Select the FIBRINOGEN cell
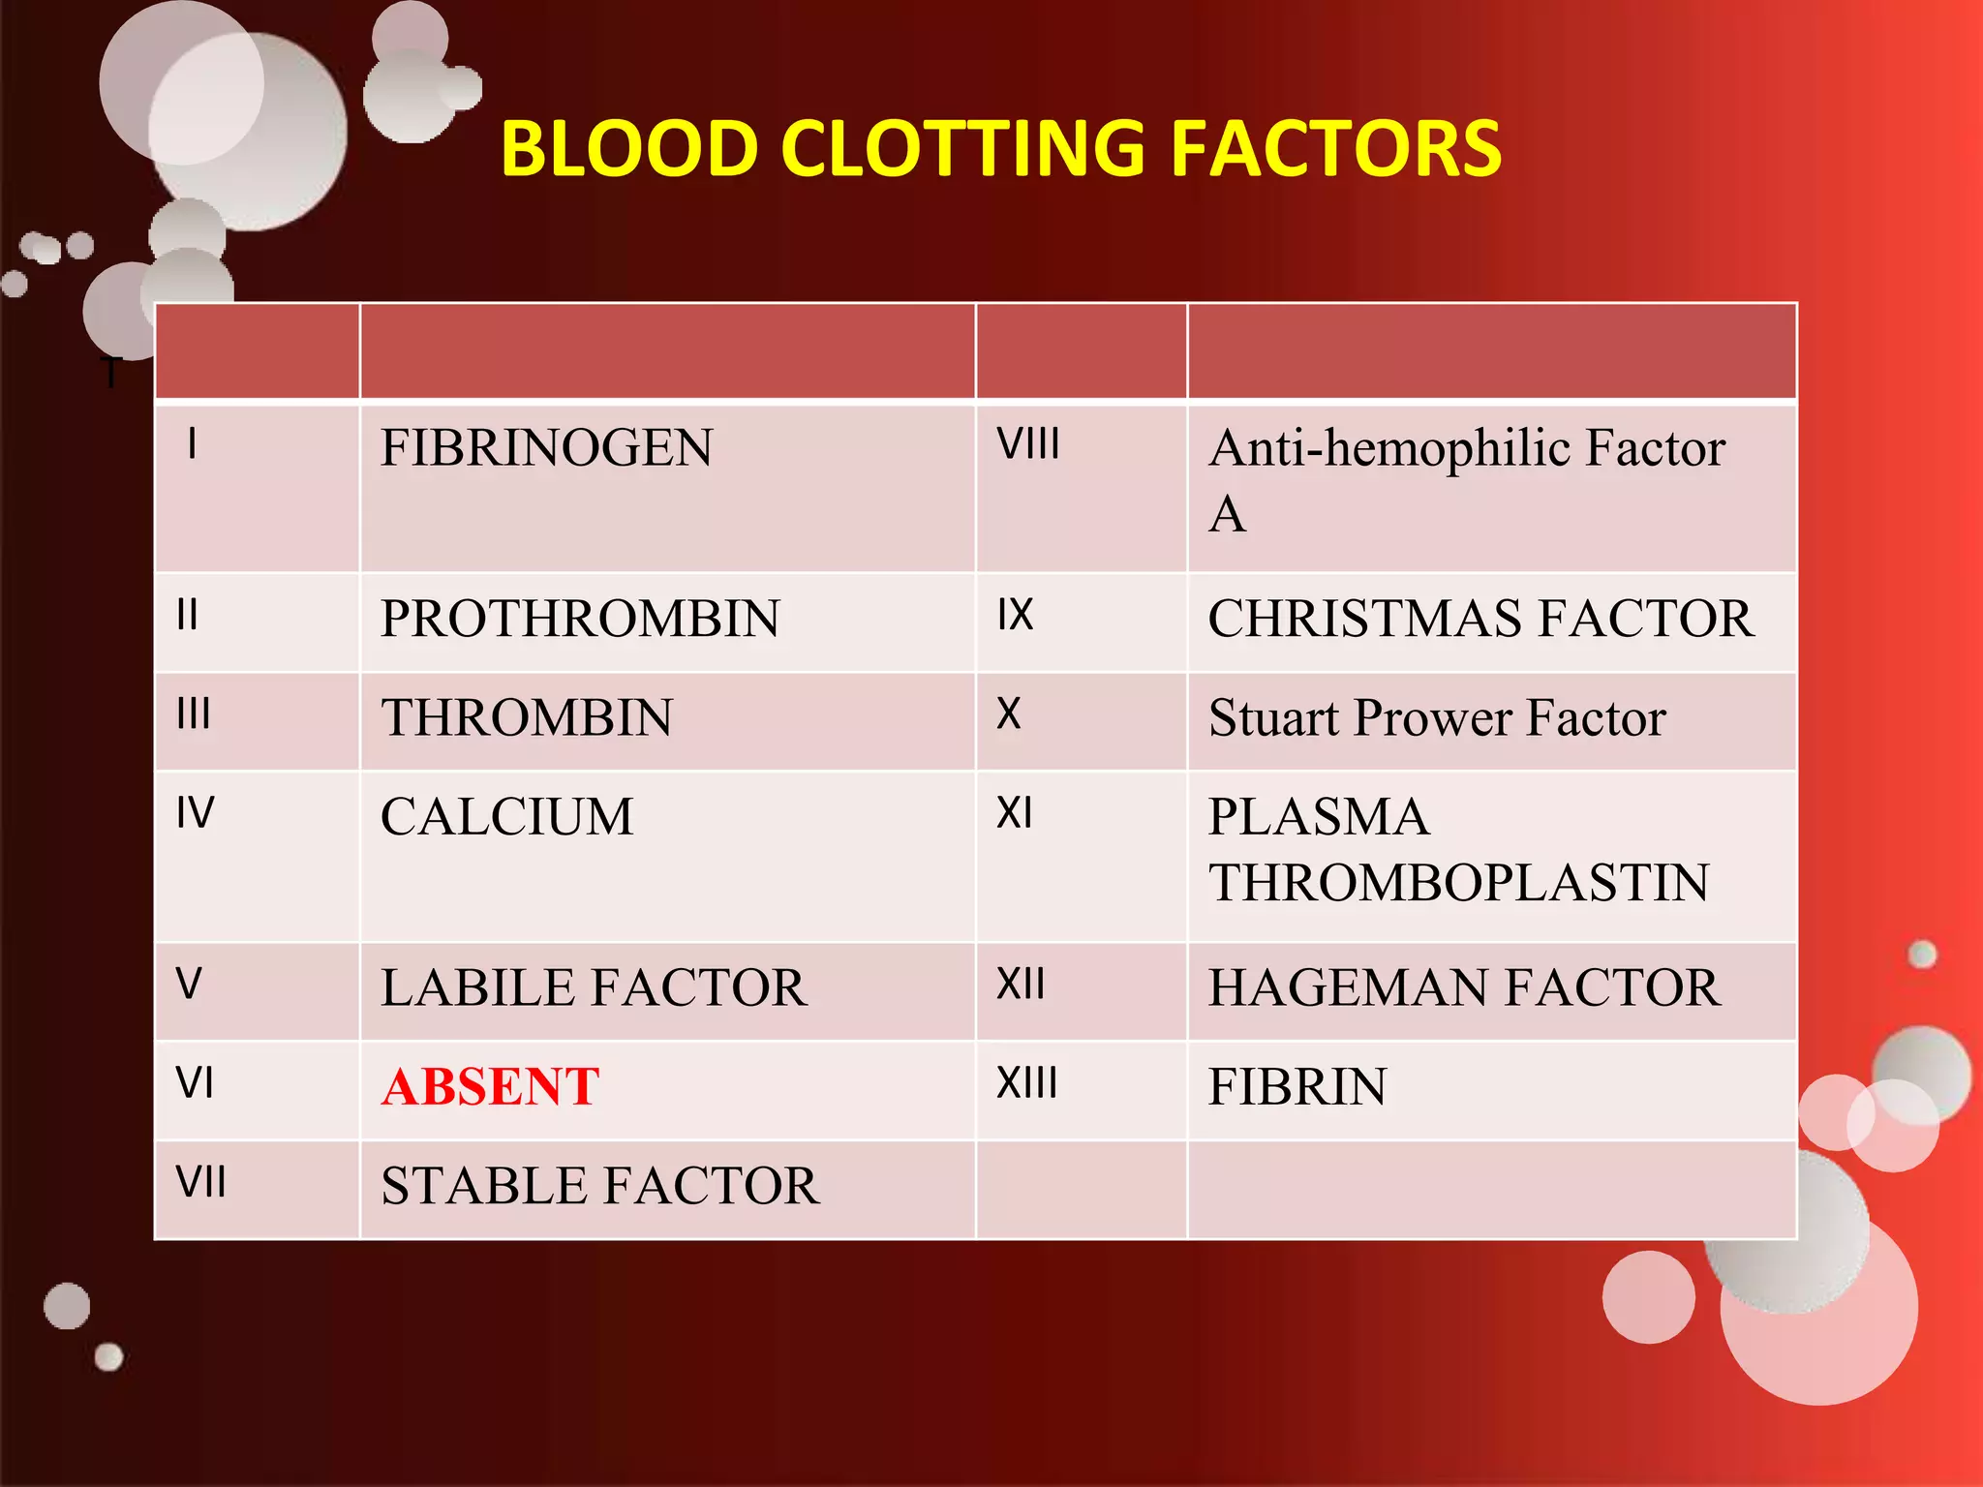point(546,448)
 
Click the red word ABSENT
point(490,1086)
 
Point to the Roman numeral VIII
point(1028,444)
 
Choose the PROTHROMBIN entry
point(580,619)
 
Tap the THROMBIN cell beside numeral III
point(527,718)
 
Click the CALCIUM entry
point(506,817)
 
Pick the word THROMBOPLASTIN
point(1458,883)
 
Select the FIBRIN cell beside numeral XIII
point(1297,1086)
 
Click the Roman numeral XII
point(1022,985)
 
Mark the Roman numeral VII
point(200,1182)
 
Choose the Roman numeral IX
point(1016,615)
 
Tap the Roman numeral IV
point(195,813)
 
